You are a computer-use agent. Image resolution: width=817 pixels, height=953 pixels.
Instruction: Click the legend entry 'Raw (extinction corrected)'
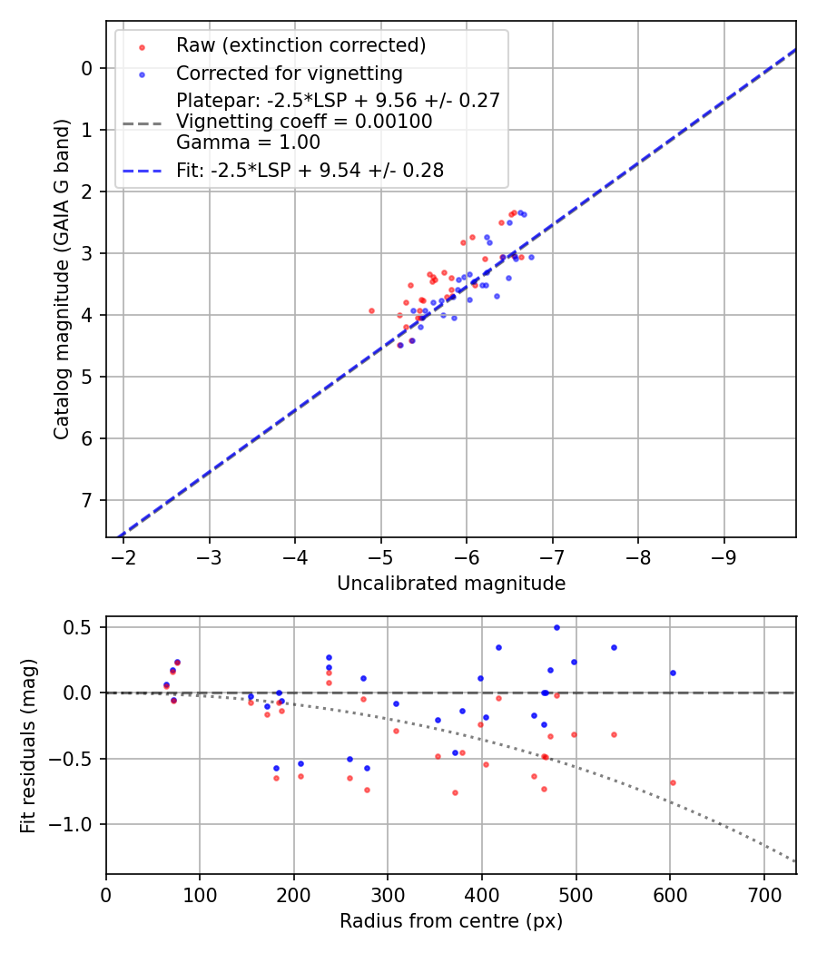coord(300,45)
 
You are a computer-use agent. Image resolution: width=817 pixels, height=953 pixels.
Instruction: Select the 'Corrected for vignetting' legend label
coord(289,73)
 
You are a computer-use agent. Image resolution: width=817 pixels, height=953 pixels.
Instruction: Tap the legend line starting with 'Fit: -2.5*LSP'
coord(310,170)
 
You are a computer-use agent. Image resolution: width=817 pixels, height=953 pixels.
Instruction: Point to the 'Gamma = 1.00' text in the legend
coord(248,142)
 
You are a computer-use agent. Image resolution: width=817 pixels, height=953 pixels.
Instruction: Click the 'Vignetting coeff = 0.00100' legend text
coord(304,122)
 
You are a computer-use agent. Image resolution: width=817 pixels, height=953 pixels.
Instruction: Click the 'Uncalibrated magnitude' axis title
coord(451,584)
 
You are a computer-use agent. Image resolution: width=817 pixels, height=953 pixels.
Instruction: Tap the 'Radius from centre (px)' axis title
coord(451,921)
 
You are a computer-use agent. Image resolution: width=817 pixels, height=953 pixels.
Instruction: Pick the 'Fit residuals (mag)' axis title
coord(29,746)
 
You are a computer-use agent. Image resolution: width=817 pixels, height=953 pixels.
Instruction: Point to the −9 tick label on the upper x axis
coord(723,556)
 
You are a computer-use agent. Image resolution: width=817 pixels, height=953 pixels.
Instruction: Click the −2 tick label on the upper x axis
coord(123,556)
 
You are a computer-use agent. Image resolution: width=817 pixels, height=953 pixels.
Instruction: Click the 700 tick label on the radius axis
coord(763,894)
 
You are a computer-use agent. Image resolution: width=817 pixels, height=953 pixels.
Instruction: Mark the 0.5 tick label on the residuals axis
coord(82,627)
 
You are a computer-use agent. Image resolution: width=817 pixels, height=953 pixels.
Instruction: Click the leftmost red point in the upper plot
coord(371,310)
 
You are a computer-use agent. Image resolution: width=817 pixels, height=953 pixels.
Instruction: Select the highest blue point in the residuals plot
coord(556,627)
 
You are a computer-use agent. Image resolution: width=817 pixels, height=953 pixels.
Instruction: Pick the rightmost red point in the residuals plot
coord(673,782)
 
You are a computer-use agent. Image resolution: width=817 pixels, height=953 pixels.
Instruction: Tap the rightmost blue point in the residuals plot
coord(673,673)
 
